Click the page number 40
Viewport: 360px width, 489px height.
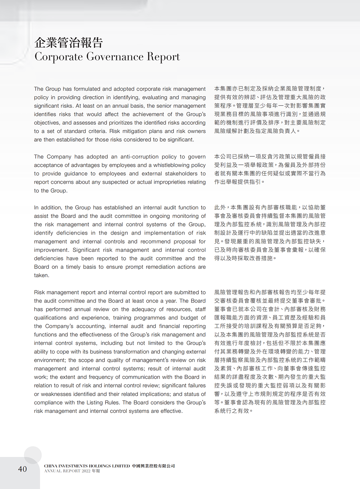coord(22,469)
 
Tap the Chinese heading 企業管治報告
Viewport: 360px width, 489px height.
coord(69,43)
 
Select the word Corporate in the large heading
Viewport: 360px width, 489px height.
coord(59,57)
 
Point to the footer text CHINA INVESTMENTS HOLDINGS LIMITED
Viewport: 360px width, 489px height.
coord(87,466)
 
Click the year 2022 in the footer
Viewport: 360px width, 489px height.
coord(86,471)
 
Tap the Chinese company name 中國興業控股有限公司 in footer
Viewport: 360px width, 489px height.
coord(153,466)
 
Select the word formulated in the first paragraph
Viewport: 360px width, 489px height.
coord(87,89)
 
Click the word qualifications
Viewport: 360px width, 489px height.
coord(51,318)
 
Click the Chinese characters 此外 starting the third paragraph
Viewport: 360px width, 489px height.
coord(220,208)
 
